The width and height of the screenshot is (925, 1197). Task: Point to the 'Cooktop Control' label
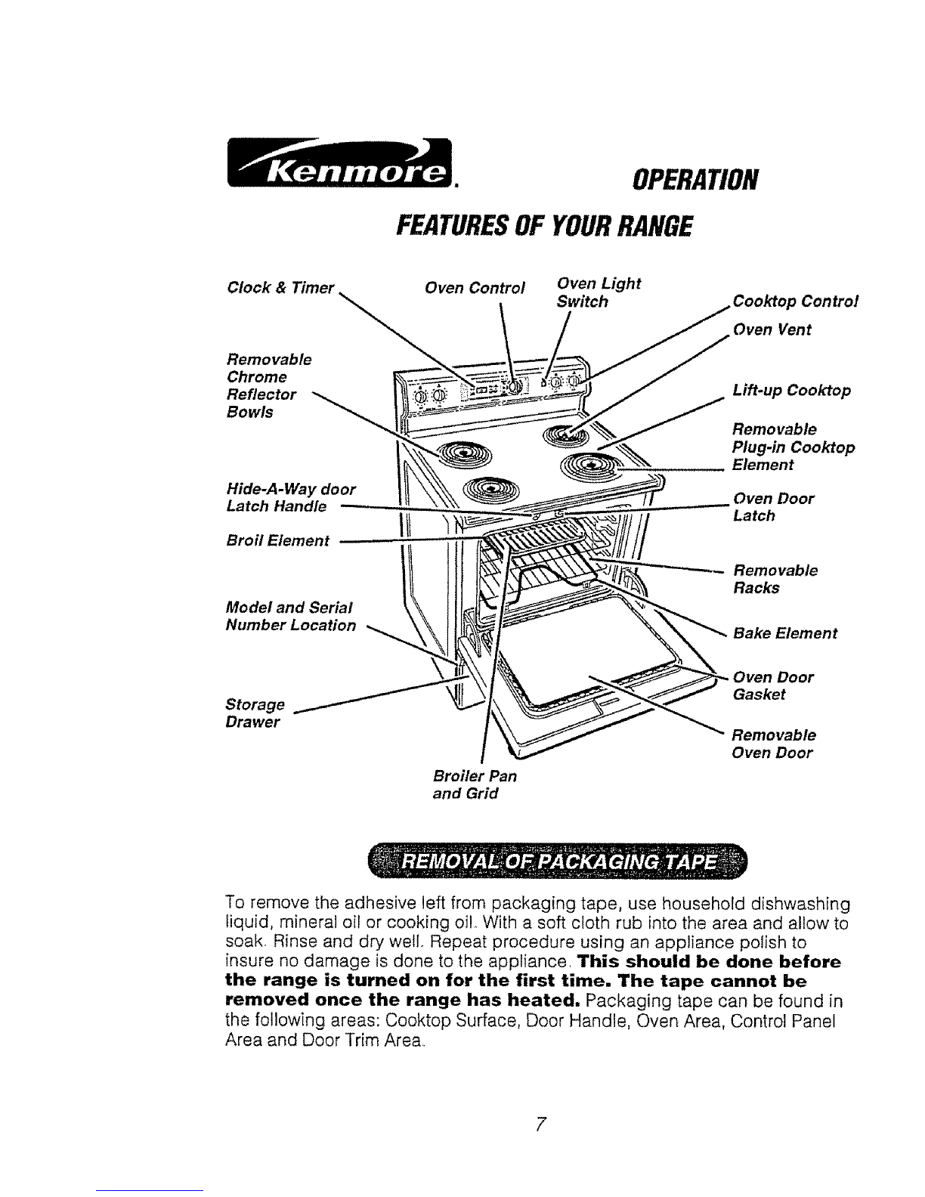(x=797, y=301)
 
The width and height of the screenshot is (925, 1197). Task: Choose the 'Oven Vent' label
(x=772, y=329)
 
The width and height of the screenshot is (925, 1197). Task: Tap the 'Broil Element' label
(x=278, y=540)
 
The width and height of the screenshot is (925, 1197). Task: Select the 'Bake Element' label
(x=785, y=633)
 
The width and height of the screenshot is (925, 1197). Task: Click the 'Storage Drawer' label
(x=255, y=713)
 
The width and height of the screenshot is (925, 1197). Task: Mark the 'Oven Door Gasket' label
(x=773, y=685)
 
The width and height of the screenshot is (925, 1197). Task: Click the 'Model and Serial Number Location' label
(x=291, y=616)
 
